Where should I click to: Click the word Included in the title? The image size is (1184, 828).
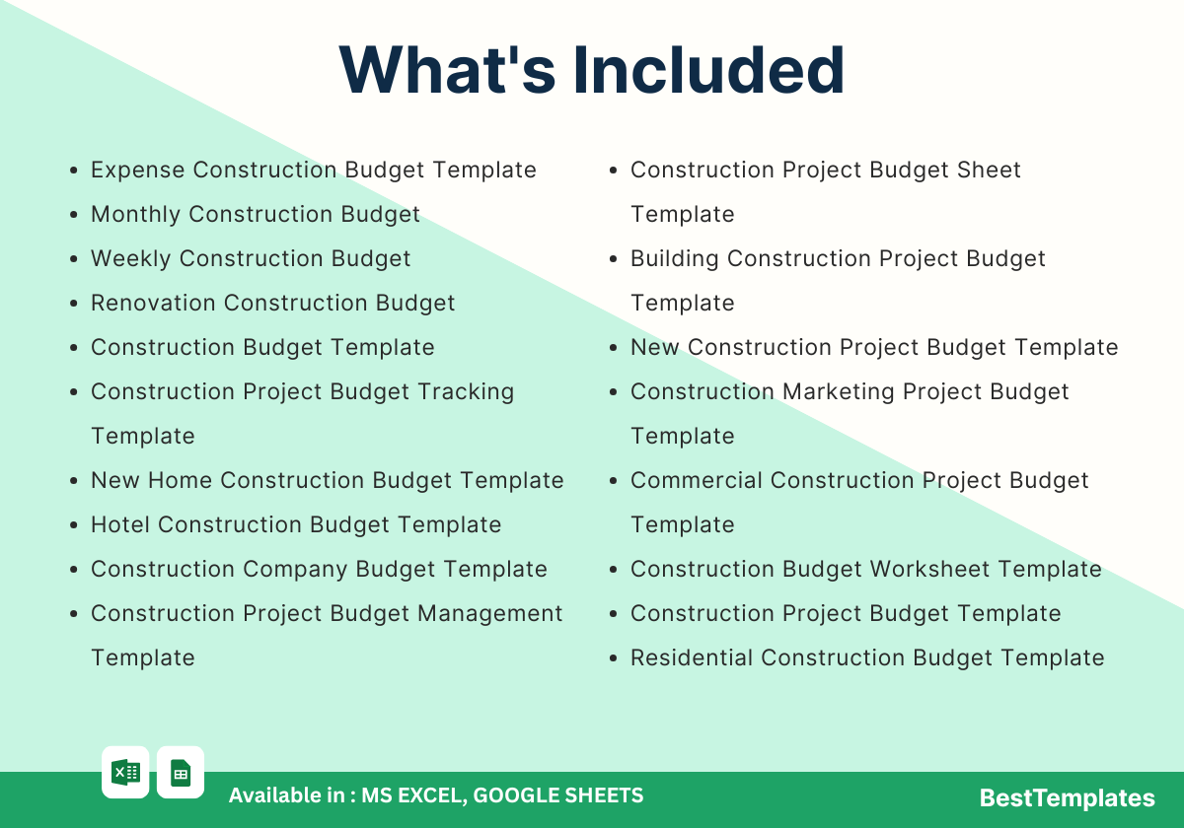[708, 70]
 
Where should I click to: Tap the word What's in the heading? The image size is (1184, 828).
[447, 70]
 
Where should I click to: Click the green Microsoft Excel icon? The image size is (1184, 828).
[125, 773]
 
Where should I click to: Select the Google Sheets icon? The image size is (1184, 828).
[181, 773]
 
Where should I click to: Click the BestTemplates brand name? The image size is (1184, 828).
[1067, 797]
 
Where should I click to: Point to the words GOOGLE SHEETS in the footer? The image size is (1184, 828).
[558, 795]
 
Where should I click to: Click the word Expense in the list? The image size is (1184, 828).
[137, 170]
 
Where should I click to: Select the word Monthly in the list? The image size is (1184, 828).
[136, 215]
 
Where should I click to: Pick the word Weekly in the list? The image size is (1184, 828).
[131, 258]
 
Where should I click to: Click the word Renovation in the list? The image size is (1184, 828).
[153, 304]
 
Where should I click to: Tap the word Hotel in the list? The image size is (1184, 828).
[120, 524]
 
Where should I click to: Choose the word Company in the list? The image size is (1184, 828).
[294, 570]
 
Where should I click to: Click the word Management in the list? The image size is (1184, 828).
[490, 613]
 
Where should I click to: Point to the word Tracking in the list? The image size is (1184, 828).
[466, 392]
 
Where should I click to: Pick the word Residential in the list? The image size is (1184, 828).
[692, 658]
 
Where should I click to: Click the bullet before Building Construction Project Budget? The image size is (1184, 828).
[613, 258]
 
